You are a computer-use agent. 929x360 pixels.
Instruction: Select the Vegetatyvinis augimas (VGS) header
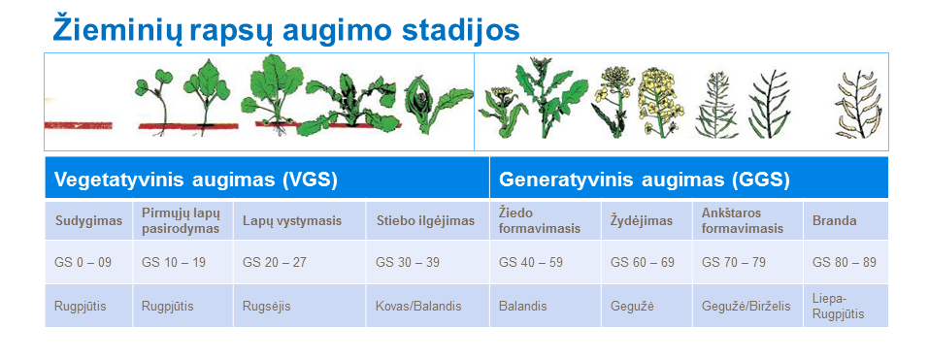coord(196,180)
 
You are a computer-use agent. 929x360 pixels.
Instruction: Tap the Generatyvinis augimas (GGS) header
coord(644,180)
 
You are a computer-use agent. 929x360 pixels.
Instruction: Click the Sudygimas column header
coord(89,221)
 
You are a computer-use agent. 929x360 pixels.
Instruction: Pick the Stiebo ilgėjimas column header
coord(425,221)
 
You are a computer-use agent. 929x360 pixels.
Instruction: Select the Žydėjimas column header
coord(642,221)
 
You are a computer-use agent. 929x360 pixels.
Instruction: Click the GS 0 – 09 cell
coord(83,262)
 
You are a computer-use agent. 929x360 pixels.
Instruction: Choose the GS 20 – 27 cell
coord(275,262)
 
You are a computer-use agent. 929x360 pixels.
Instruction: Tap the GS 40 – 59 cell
coord(531,262)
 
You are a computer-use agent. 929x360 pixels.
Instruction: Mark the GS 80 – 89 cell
coord(845,262)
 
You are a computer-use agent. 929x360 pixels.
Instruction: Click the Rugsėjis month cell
coord(267,307)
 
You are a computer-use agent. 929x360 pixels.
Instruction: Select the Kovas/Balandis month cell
coord(418,306)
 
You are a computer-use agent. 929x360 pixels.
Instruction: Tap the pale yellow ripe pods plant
coord(859,104)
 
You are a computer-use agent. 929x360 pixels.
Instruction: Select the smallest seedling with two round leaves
coord(155,101)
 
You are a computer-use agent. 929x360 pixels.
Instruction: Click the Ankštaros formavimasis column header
coord(743,221)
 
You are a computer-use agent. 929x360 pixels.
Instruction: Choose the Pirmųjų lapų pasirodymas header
coord(181,221)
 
